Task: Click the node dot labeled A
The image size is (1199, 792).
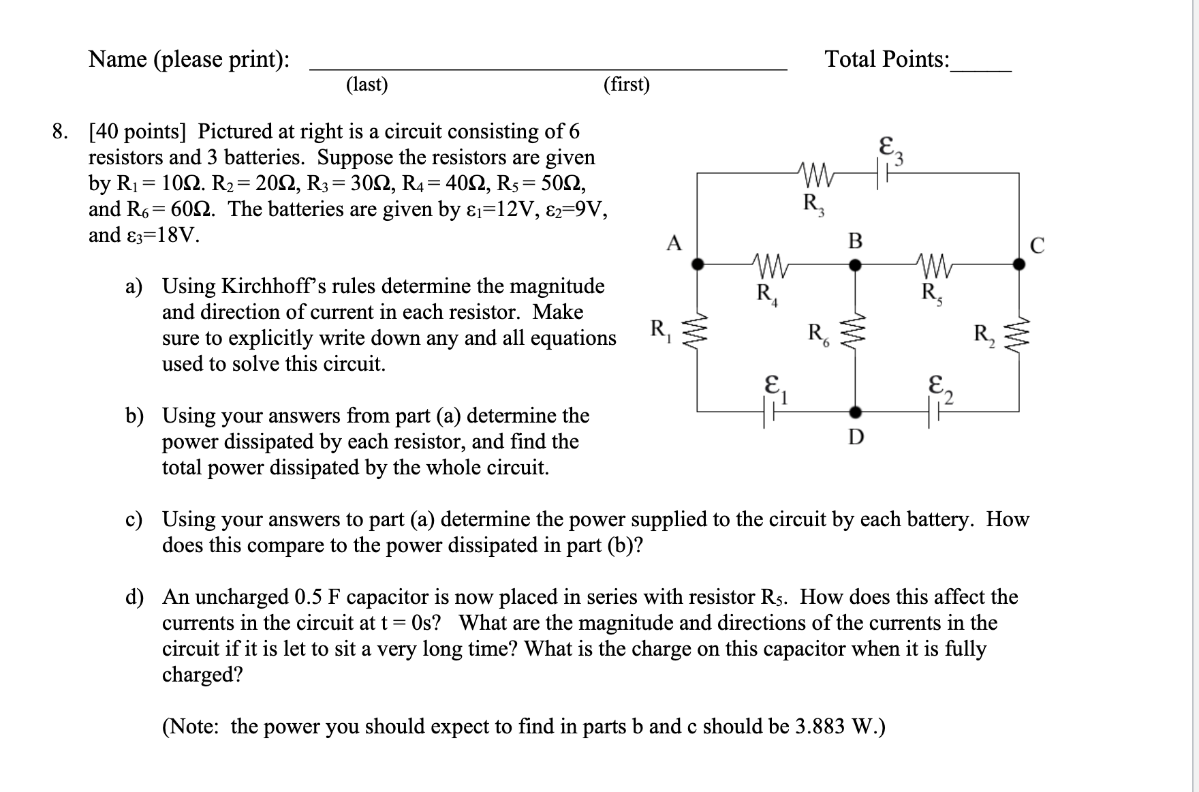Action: point(698,264)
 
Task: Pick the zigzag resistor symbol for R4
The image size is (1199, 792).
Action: point(768,264)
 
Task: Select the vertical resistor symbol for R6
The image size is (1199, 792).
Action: point(857,335)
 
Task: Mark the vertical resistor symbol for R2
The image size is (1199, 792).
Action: point(1019,335)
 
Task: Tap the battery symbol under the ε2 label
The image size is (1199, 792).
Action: point(934,412)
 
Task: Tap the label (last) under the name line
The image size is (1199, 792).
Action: point(367,85)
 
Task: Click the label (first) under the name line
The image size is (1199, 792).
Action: point(627,85)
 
